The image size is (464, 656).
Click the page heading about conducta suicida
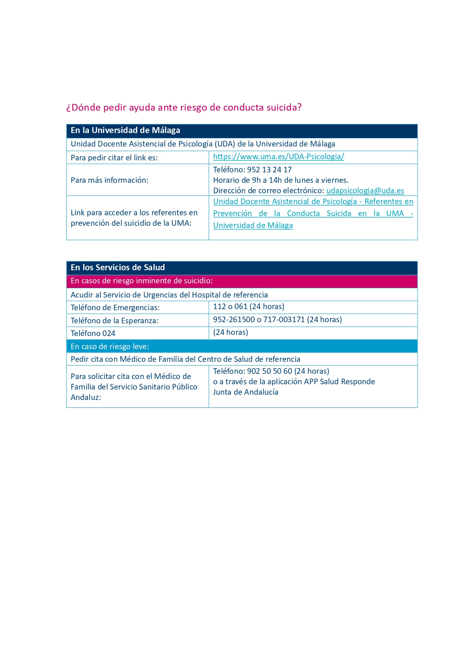(x=184, y=108)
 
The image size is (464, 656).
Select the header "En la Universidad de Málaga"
(x=125, y=130)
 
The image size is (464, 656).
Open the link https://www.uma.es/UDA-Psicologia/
(x=279, y=157)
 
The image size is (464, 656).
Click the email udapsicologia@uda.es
(x=365, y=191)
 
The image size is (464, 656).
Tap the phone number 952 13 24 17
(x=269, y=170)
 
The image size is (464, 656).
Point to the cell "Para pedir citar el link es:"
(x=114, y=158)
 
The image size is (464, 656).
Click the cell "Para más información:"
(x=110, y=180)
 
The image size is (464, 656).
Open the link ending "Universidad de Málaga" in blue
(x=253, y=225)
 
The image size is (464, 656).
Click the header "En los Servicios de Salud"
(x=118, y=268)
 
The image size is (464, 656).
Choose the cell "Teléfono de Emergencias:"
(x=115, y=308)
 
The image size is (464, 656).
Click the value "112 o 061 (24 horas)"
(x=249, y=307)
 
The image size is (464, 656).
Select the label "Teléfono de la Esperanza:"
(x=114, y=321)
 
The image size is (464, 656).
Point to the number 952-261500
(x=234, y=320)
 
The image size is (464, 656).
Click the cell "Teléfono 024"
(x=93, y=333)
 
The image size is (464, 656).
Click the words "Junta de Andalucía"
(x=246, y=392)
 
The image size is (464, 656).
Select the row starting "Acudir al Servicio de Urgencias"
(x=169, y=295)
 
